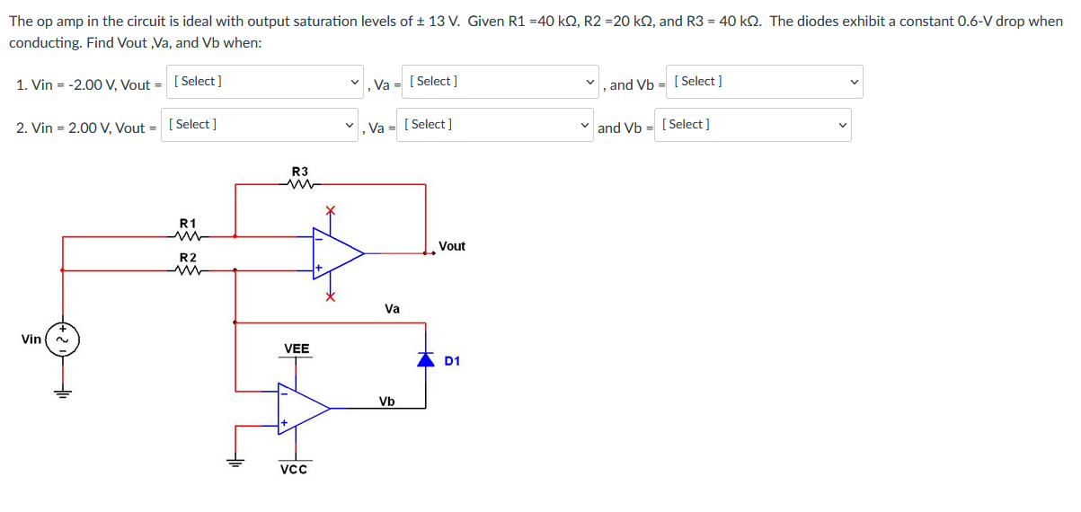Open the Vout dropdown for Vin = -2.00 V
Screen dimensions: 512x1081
[267, 83]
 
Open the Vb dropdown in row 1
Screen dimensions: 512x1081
[765, 83]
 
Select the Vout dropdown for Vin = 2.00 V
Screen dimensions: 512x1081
[261, 126]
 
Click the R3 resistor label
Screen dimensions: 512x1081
[300, 172]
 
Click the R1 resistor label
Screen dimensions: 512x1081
[188, 222]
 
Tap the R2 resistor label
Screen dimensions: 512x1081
[188, 257]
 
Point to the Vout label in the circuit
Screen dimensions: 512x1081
[452, 246]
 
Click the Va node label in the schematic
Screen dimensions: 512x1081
[393, 309]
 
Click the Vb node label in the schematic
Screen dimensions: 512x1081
[386, 402]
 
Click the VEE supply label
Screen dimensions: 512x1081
[297, 349]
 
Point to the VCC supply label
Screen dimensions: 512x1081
[294, 470]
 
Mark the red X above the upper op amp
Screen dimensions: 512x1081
[330, 210]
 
